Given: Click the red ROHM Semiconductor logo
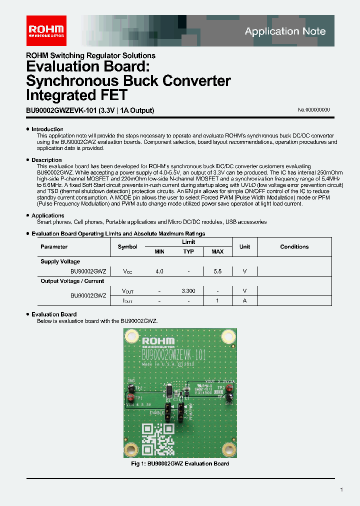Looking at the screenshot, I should (x=46, y=30).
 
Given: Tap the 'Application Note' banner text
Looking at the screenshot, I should (x=285, y=31).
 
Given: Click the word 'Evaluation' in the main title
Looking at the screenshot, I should (x=58, y=66).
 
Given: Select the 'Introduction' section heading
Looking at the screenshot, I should (x=47, y=129).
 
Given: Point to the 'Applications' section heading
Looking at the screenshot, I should (x=48, y=215).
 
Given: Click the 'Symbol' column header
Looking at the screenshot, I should (x=127, y=246).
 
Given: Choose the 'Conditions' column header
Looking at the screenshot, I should (x=294, y=246).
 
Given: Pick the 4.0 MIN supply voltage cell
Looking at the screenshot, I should (x=159, y=271).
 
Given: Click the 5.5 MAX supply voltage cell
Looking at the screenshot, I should (x=217, y=271).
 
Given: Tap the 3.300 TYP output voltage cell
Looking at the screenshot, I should (x=188, y=290).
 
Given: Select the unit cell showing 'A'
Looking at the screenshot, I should (x=244, y=300).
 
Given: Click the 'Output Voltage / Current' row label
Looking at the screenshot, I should (x=72, y=281).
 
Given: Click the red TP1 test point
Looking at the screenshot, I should (x=130, y=398).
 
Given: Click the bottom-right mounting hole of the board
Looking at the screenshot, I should (x=229, y=449).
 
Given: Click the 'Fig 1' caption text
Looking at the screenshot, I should (x=180, y=463).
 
